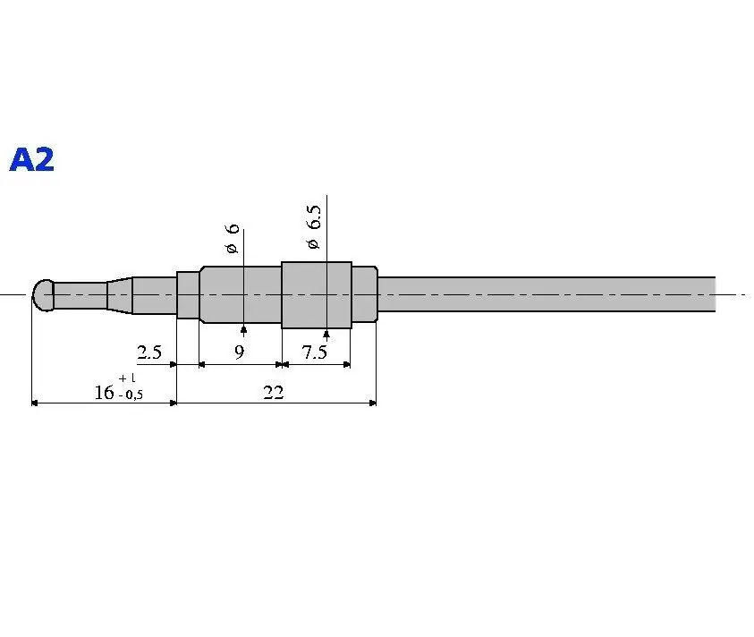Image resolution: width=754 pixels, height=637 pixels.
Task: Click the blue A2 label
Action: [x=31, y=159]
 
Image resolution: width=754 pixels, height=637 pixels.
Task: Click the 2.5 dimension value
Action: [x=149, y=352]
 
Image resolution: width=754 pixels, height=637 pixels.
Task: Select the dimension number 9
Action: [x=240, y=352]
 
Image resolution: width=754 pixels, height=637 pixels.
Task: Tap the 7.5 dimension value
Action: [x=315, y=352]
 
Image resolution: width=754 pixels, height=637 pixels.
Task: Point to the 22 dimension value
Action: [x=273, y=393]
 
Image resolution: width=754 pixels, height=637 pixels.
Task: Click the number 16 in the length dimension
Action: [x=104, y=393]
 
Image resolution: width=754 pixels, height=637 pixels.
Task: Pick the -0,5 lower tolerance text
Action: [x=131, y=395]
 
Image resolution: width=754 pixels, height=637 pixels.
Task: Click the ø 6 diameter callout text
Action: [x=232, y=238]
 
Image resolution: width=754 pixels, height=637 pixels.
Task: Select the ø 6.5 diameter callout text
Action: [x=313, y=227]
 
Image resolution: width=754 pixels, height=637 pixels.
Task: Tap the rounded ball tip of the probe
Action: [x=43, y=295]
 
